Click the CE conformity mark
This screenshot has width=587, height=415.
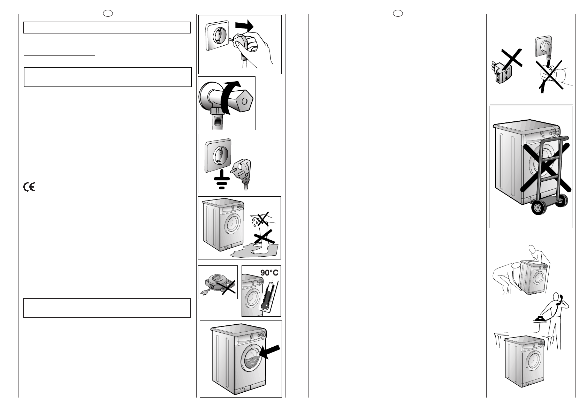[29, 187]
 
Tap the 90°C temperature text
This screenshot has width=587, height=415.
[269, 272]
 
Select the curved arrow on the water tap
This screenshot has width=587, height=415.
[228, 97]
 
